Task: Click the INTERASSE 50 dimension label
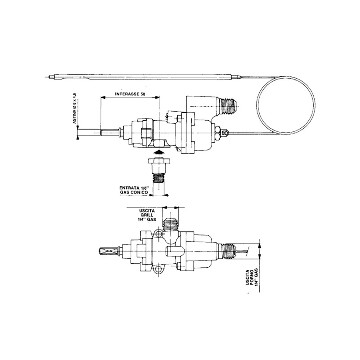(130, 94)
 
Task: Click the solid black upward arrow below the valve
(159, 152)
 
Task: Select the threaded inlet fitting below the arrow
(159, 170)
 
